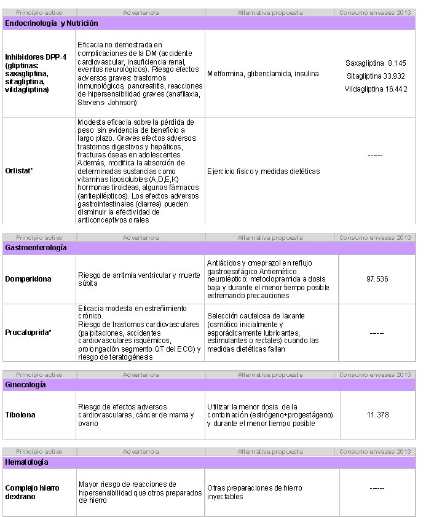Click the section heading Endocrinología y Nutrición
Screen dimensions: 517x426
tap(52, 23)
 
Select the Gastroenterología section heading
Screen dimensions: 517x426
tap(36, 247)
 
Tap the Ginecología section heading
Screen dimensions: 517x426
tap(25, 384)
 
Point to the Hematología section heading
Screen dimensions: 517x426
tap(27, 462)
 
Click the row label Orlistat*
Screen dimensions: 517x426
tap(19, 172)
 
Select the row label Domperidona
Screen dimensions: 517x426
tap(28, 279)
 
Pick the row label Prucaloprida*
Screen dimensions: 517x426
tap(29, 333)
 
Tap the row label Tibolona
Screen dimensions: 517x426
tap(20, 415)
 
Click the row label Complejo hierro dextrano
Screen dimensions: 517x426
tap(32, 492)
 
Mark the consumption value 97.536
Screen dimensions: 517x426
tap(377, 279)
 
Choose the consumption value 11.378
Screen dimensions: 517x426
tap(377, 415)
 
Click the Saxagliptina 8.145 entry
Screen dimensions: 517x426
tap(376, 63)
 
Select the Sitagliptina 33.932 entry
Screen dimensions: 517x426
tap(376, 76)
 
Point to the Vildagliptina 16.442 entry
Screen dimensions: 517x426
tap(376, 89)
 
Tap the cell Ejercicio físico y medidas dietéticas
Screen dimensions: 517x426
tap(264, 172)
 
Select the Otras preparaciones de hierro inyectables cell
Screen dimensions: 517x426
tap(254, 492)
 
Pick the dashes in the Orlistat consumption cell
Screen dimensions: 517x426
tap(375, 155)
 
